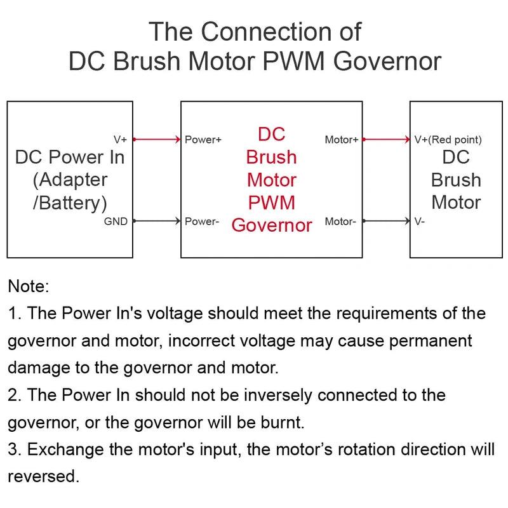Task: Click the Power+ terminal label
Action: coord(203,140)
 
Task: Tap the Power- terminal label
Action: coord(202,222)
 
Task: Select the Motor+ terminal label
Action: coord(342,140)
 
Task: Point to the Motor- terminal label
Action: coord(340,222)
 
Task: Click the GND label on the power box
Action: coord(115,222)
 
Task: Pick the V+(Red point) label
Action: coord(448,140)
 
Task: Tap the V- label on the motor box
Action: coord(420,222)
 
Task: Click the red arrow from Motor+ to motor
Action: coord(385,139)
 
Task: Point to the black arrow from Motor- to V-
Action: coord(385,221)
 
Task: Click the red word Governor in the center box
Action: coord(272,225)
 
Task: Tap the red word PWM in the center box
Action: coord(272,203)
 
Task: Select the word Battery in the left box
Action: coord(73,203)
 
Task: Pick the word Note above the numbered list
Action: coord(28,286)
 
